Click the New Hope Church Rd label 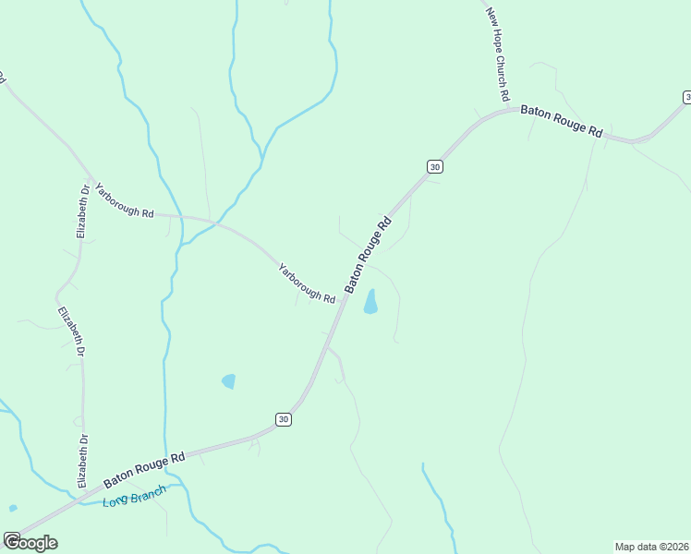(498, 54)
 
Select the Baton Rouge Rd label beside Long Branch (145, 469)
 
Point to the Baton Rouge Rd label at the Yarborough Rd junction (370, 255)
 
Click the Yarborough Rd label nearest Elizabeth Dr (124, 199)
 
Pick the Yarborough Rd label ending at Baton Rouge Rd (307, 283)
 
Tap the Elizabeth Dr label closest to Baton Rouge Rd (82, 461)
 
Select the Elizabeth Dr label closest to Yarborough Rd (83, 211)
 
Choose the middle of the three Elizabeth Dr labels (71, 332)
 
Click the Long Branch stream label (134, 497)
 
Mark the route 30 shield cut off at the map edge (686, 97)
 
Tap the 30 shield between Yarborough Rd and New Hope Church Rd (435, 166)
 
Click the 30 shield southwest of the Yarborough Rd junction (284, 419)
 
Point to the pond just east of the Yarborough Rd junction (370, 302)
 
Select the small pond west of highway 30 (228, 380)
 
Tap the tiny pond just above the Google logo (12, 508)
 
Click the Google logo (30, 543)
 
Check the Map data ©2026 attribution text (651, 547)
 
